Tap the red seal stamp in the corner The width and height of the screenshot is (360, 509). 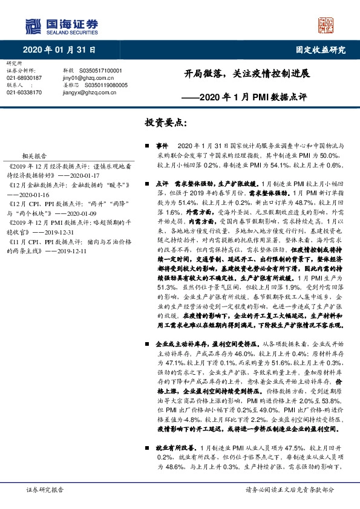point(326,25)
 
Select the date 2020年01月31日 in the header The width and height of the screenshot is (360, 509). point(59,50)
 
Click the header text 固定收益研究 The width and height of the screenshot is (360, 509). point(318,50)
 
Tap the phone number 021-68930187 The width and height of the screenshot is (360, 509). point(24,78)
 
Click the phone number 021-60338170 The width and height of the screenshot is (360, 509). point(24,92)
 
